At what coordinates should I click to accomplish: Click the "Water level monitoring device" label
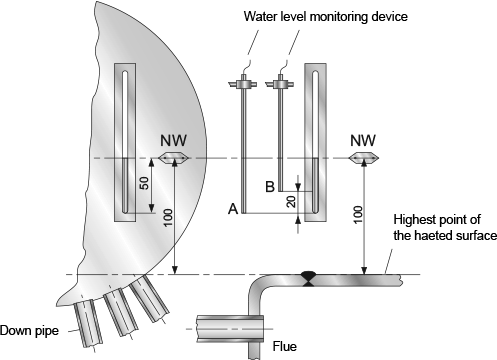325,16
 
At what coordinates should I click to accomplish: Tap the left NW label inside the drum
173,141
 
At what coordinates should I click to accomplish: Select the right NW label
363,140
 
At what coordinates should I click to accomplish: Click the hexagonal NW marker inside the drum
173,158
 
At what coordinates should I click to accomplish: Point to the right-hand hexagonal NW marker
363,157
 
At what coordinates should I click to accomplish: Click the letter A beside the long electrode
233,209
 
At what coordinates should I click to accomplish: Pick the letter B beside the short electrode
270,187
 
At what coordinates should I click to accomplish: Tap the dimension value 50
144,183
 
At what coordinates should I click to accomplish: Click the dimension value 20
291,202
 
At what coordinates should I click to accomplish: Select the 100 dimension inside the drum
168,217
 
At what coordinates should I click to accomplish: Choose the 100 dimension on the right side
357,215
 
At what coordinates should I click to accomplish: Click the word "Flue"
285,346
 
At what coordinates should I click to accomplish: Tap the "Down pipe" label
29,330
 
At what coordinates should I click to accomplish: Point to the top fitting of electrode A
244,83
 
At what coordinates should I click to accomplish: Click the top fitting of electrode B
280,83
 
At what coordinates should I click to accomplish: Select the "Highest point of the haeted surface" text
445,227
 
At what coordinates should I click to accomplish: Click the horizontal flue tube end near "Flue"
230,329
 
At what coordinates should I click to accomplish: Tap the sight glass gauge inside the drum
125,142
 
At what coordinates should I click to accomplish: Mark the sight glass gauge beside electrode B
315,142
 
